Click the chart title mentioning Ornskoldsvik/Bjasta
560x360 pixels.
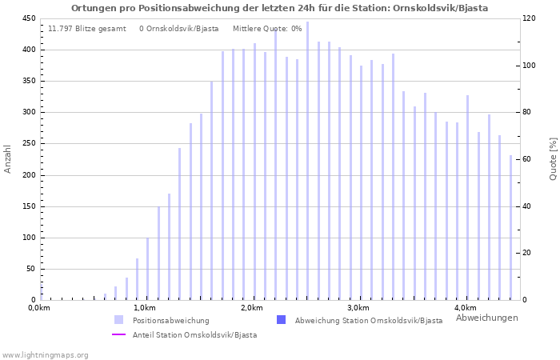click(279, 8)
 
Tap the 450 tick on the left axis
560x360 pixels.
click(28, 18)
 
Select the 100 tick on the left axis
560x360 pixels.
click(28, 238)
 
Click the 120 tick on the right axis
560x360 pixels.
click(529, 18)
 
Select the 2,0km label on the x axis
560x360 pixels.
click(251, 309)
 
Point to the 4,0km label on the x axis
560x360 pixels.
click(465, 309)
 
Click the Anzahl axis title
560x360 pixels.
click(8, 158)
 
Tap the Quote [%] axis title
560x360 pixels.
click(553, 158)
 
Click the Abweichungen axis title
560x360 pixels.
click(486, 318)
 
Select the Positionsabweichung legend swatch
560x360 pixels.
click(119, 320)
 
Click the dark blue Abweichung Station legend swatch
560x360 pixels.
click(281, 320)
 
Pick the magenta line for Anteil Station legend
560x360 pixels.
click(119, 334)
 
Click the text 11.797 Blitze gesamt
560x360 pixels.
click(87, 29)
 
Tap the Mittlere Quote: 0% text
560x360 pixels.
click(267, 29)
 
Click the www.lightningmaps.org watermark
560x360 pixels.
click(45, 354)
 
